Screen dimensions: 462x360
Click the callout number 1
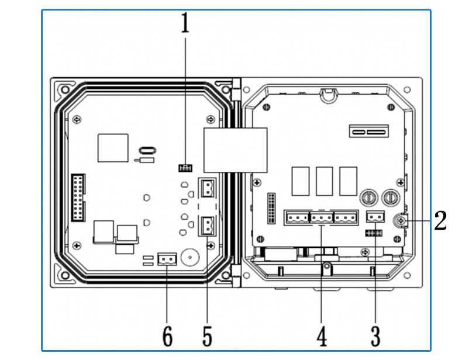[185, 23]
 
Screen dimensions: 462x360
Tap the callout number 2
[440, 220]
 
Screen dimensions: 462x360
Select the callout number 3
[375, 336]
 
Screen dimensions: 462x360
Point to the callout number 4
[322, 336]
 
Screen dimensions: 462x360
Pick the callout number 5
[207, 336]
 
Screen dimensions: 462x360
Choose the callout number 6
[167, 336]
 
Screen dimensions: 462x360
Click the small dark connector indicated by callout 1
[185, 168]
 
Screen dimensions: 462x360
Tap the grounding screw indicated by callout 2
[401, 220]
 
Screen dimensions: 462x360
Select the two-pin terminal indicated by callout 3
[375, 217]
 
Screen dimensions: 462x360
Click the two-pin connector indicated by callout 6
[167, 259]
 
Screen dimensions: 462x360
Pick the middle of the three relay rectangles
[324, 181]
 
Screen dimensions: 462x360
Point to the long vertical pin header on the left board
[78, 197]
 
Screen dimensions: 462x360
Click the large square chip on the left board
[113, 148]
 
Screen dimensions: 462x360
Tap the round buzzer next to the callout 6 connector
[190, 257]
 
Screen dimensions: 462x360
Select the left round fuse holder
[369, 198]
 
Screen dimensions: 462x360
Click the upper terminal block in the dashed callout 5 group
[207, 188]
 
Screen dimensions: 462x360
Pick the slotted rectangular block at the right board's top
[369, 131]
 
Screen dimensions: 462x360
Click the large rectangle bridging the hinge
[236, 150]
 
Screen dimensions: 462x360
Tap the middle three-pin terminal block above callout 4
[322, 218]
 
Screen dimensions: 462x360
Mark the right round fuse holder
[391, 198]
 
